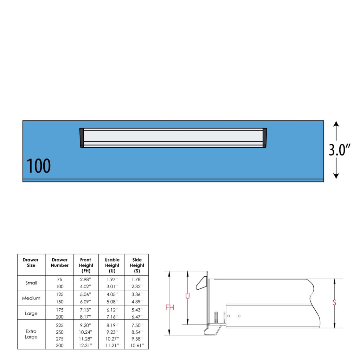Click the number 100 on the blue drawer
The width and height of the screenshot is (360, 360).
39,166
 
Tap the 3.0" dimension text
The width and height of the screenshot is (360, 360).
339,150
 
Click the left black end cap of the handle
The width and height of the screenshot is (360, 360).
82,138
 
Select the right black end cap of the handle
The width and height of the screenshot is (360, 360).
265,138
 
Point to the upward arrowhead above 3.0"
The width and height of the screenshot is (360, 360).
336,123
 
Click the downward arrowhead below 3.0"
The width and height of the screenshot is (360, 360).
336,176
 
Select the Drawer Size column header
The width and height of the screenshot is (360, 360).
31,262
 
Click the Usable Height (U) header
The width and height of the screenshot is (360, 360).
112,265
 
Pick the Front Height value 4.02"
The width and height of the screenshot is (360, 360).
85,286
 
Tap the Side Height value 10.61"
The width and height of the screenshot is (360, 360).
137,345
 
